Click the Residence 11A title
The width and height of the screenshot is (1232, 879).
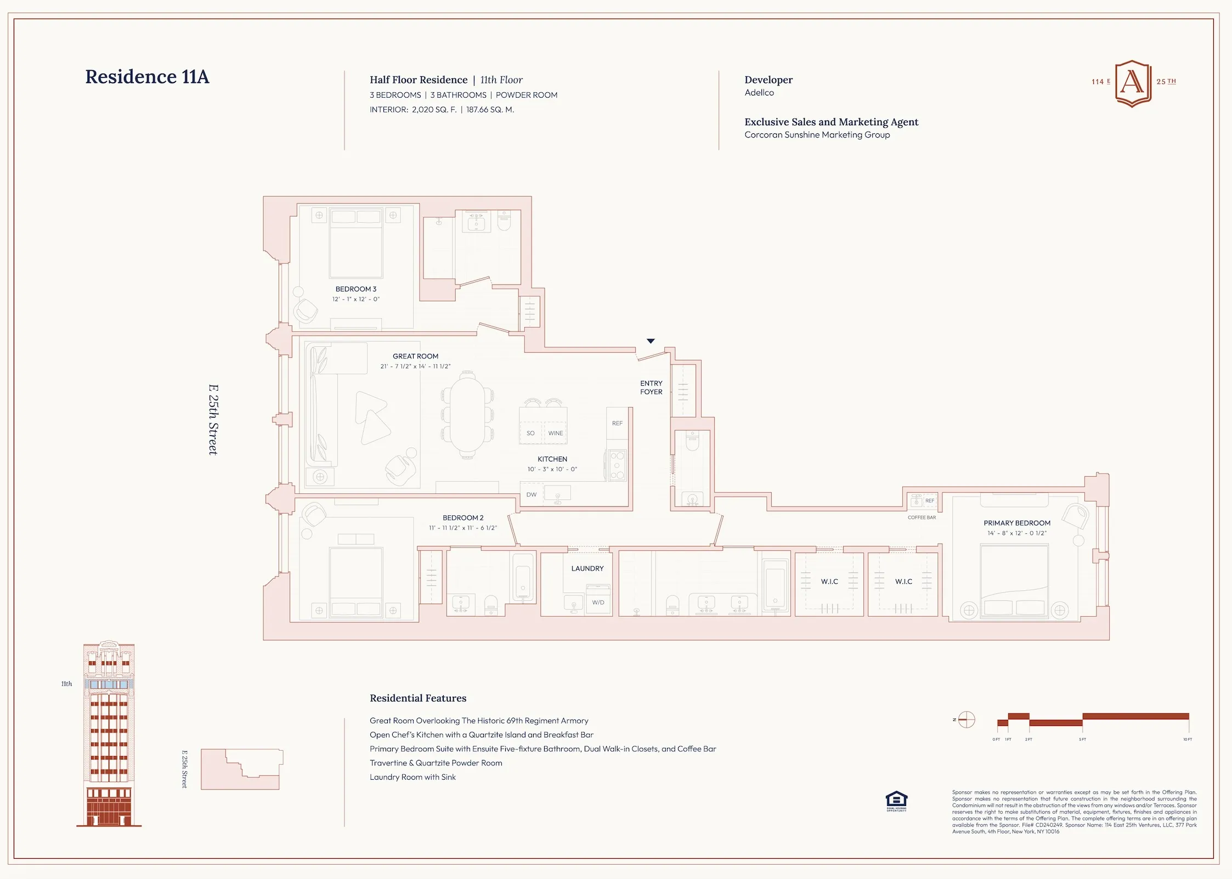click(147, 77)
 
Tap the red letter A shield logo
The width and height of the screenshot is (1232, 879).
click(1133, 83)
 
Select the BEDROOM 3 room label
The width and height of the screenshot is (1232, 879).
click(355, 289)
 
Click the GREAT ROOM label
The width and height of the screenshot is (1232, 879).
click(415, 356)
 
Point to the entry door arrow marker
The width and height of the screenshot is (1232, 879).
click(651, 341)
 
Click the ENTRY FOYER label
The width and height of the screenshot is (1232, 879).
click(651, 387)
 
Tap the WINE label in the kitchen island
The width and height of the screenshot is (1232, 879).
click(555, 433)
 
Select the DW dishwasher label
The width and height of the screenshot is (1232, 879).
click(531, 494)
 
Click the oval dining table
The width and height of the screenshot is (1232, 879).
click(467, 414)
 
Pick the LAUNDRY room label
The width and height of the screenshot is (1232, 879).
click(587, 568)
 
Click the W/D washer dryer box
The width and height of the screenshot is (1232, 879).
click(598, 602)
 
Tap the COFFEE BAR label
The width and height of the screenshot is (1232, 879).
click(922, 517)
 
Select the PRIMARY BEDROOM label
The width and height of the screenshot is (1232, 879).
click(1017, 523)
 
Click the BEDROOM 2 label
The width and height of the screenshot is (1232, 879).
click(463, 517)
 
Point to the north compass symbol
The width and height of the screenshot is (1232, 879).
click(966, 719)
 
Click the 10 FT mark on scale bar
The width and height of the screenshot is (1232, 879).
click(1188, 739)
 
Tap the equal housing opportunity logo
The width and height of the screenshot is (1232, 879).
click(896, 801)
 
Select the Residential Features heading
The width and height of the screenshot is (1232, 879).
click(418, 698)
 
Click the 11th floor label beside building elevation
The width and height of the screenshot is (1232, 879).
click(66, 684)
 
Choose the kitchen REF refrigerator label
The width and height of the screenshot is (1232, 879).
click(617, 423)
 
